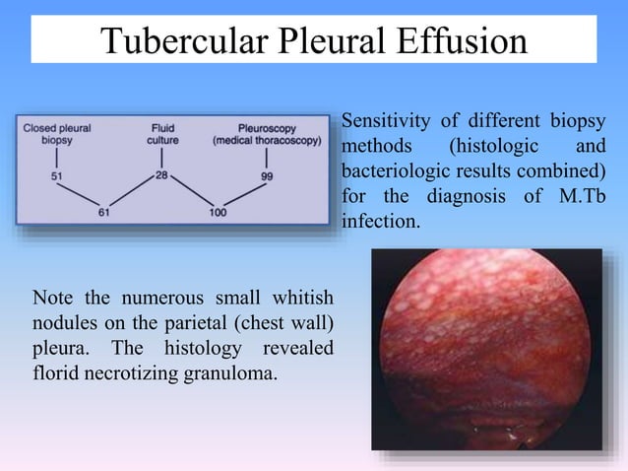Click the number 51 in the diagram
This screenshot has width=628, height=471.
coord(57,177)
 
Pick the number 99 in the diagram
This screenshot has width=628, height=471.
coord(266,176)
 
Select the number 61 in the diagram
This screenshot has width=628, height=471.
coord(104,210)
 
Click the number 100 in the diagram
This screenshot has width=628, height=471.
coord(217,210)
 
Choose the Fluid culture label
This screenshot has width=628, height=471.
coord(162,134)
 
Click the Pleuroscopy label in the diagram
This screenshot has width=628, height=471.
coord(267,128)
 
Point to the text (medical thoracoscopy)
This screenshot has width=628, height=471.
coord(267,141)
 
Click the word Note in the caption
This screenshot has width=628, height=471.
coord(53,297)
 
